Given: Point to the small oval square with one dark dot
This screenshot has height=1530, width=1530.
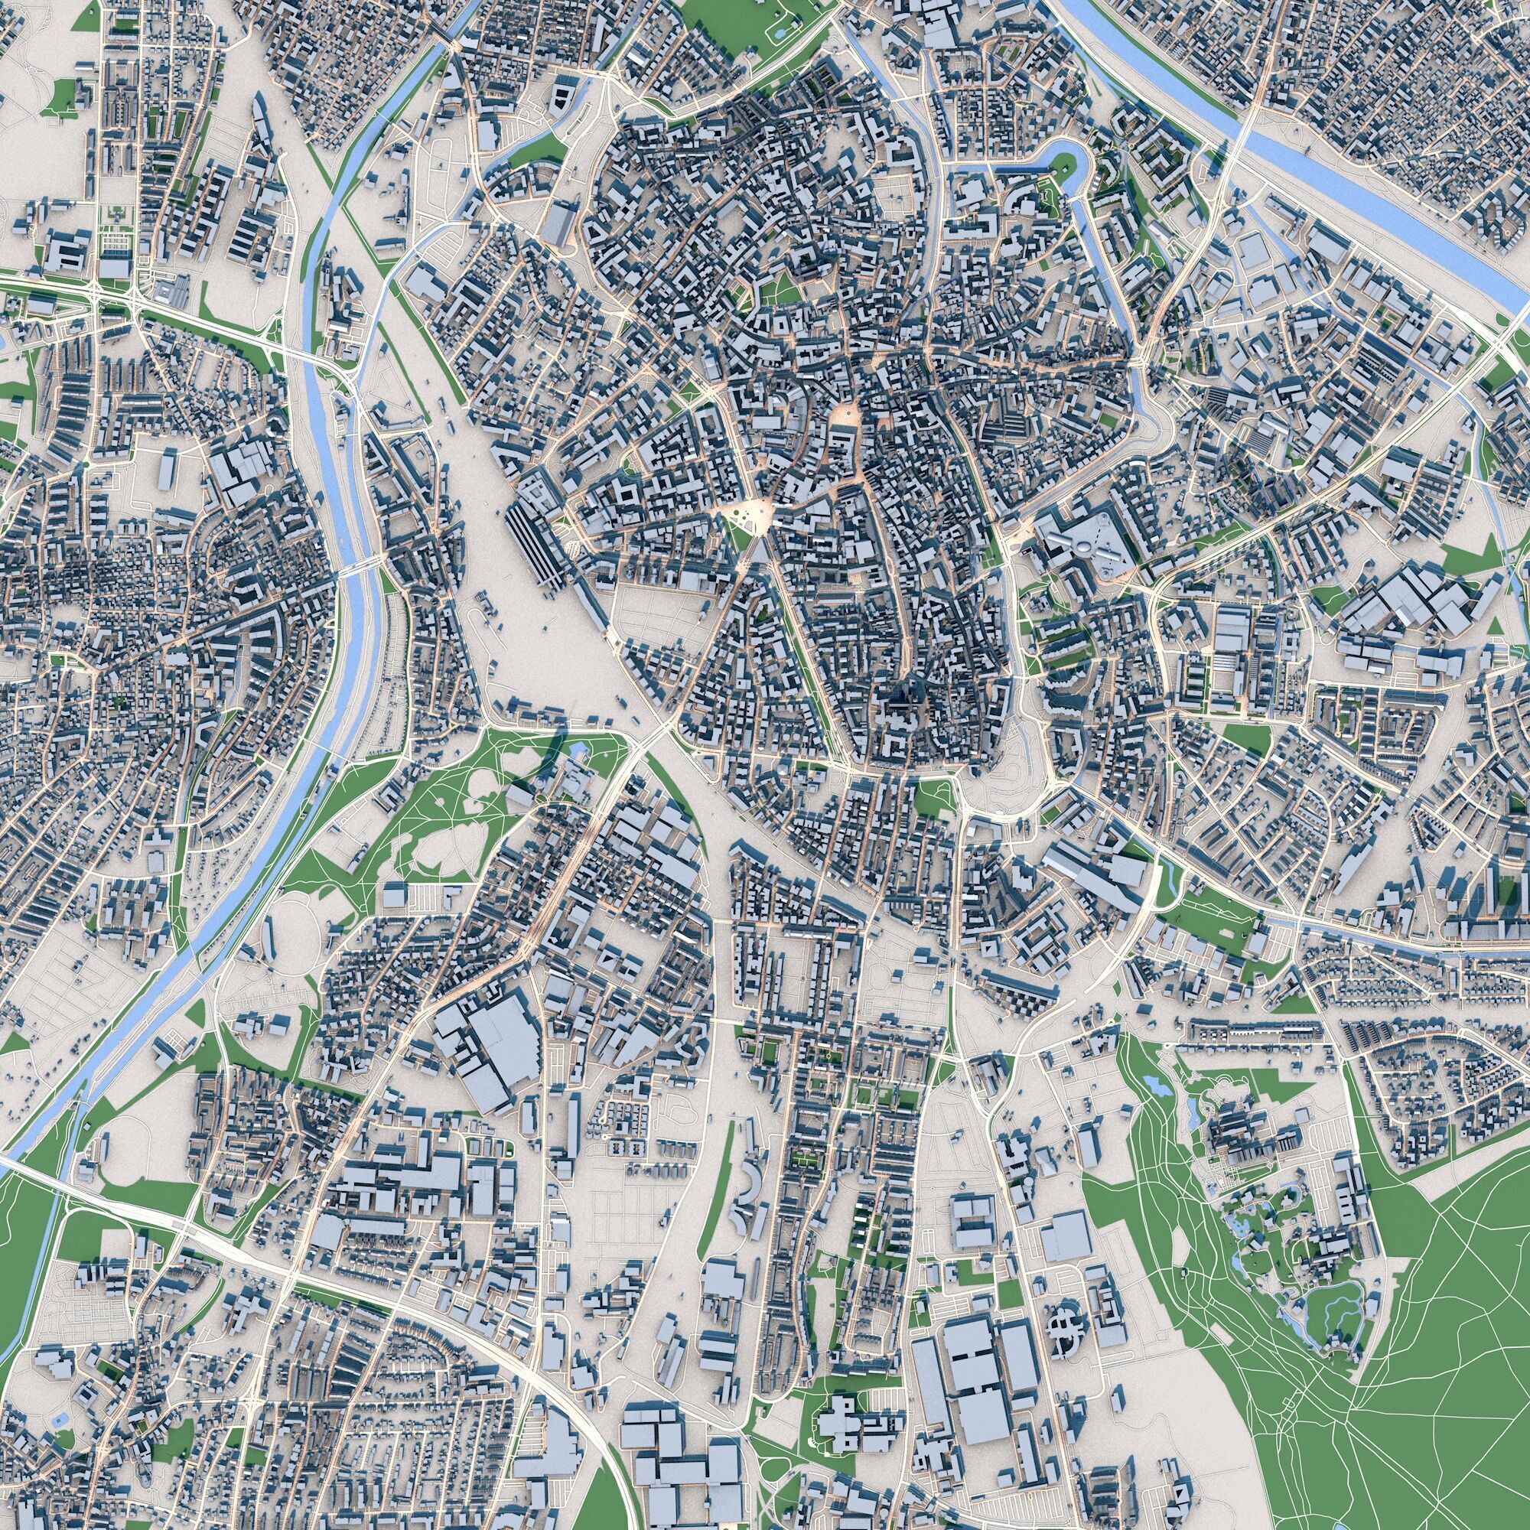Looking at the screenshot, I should pyautogui.click(x=848, y=412).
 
